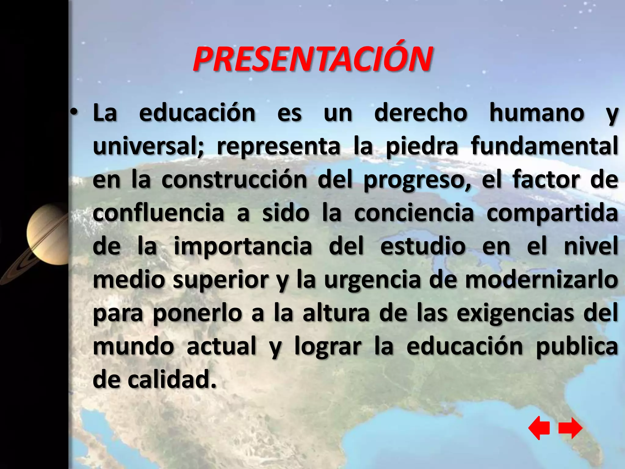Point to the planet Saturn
coord(46,235)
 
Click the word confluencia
coord(158,213)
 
